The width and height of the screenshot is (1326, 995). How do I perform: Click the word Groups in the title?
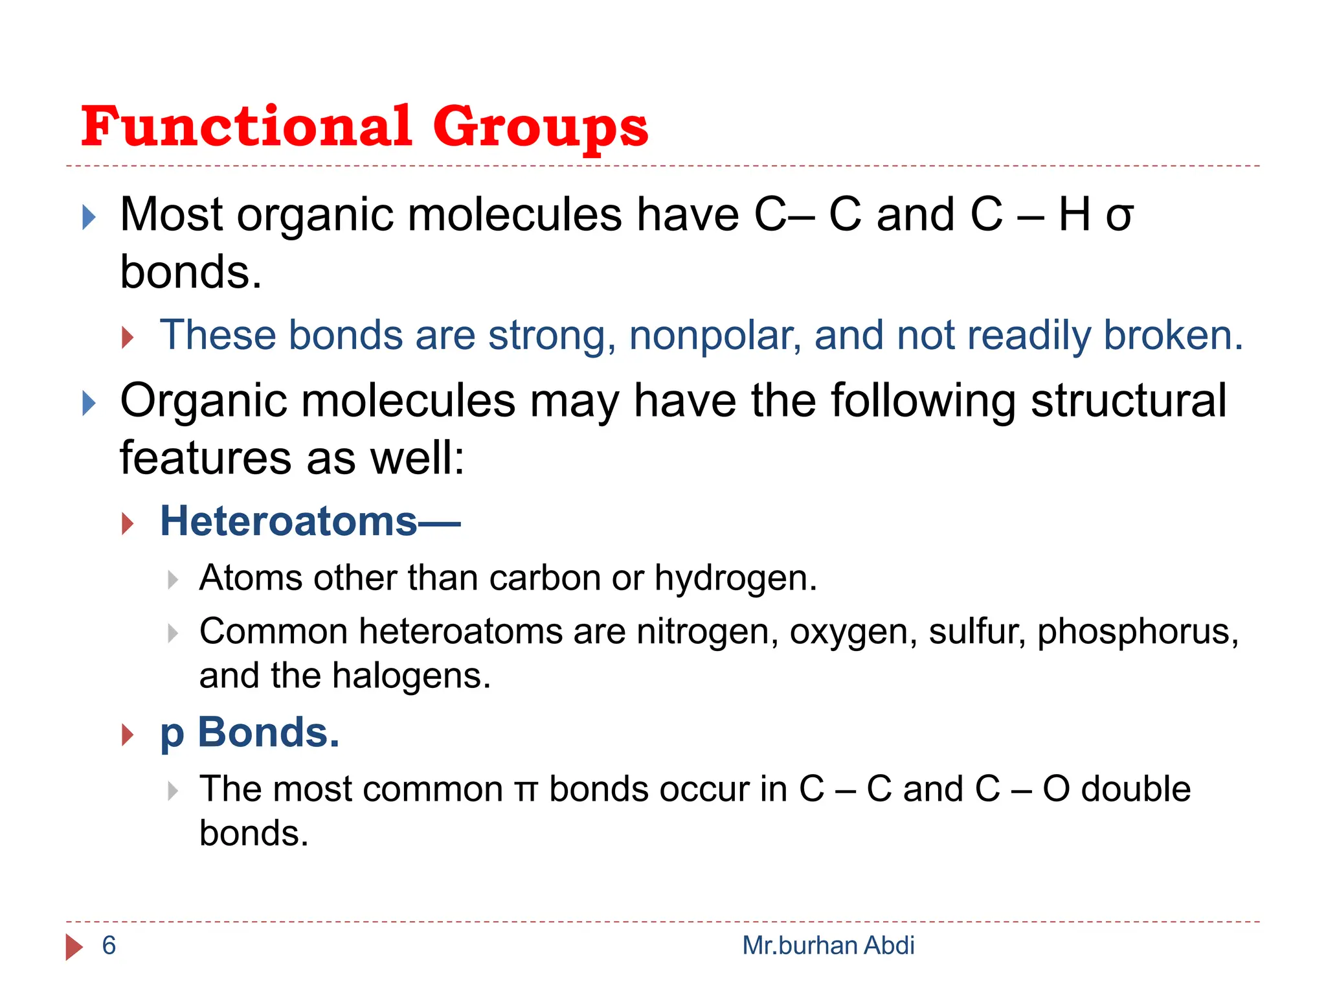[x=540, y=128]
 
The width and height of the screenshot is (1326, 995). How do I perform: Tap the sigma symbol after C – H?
[x=1119, y=216]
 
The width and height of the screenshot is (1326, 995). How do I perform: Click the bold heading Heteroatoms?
[x=289, y=521]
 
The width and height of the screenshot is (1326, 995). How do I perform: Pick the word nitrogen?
[x=707, y=632]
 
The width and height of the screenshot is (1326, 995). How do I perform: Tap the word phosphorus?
[x=1138, y=632]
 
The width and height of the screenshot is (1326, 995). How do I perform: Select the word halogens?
[x=411, y=676]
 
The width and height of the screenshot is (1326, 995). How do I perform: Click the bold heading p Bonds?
[x=250, y=733]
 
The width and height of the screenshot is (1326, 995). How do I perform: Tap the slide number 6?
[x=109, y=946]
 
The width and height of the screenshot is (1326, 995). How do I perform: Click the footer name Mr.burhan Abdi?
[x=828, y=946]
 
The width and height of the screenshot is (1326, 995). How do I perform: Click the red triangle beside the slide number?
[x=74, y=947]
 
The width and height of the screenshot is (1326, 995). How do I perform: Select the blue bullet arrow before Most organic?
[x=89, y=218]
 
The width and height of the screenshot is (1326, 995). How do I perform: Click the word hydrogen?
[x=736, y=578]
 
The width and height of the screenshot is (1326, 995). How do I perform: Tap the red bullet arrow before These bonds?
[x=128, y=337]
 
